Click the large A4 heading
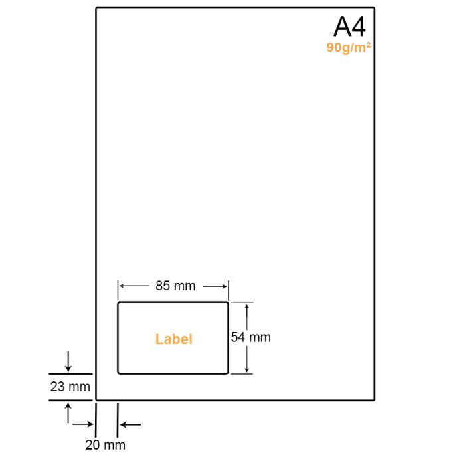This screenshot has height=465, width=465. [349, 27]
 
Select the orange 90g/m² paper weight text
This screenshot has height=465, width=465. [349, 48]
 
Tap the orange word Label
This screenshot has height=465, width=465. [174, 339]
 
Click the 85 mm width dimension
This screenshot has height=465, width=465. [175, 286]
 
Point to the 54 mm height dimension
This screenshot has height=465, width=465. [251, 337]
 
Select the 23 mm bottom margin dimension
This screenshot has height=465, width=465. [70, 387]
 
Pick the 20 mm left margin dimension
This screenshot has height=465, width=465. [105, 445]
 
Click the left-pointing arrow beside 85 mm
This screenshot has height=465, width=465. [134, 286]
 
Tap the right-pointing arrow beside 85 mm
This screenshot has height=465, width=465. [215, 286]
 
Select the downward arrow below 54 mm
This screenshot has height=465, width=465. [246, 359]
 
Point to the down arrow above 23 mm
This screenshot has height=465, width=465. [68, 361]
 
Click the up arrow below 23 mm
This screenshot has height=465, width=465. [68, 413]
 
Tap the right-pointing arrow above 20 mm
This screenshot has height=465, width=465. [83, 424]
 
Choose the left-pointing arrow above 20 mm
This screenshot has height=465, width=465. [130, 425]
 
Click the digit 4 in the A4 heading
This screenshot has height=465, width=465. [358, 27]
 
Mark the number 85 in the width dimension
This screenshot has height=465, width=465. [163, 286]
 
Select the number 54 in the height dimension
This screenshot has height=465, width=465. [238, 337]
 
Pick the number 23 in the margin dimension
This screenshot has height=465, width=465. [58, 387]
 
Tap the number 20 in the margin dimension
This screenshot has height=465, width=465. [92, 445]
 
